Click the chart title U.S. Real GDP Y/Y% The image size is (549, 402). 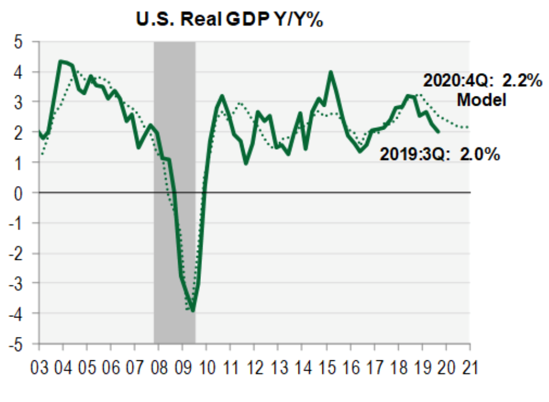click(x=229, y=20)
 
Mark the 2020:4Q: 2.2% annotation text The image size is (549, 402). click(x=481, y=81)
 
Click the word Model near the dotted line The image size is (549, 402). click(x=482, y=100)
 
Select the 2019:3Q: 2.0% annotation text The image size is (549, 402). click(x=440, y=154)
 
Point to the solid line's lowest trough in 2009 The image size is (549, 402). click(x=193, y=311)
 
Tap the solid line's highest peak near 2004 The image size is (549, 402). click(x=61, y=61)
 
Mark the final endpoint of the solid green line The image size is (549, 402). click(x=438, y=132)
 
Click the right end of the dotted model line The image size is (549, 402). click(x=469, y=127)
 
